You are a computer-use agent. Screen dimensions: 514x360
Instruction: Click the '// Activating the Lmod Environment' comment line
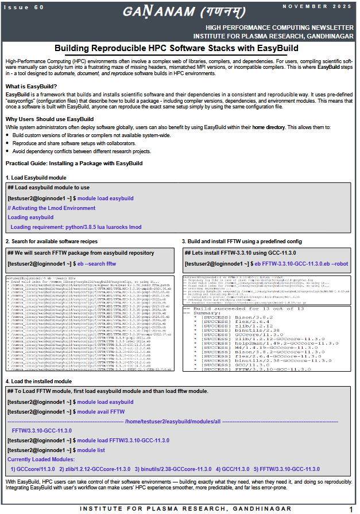click(x=52, y=208)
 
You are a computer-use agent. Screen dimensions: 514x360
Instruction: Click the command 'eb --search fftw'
click(x=96, y=263)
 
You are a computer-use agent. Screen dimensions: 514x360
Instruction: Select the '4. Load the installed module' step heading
click(x=38, y=381)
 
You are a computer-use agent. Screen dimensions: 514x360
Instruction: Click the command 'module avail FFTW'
click(x=101, y=412)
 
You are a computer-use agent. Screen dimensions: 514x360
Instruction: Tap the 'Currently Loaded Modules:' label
click(x=41, y=460)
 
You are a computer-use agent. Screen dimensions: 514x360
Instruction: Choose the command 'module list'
click(x=91, y=450)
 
